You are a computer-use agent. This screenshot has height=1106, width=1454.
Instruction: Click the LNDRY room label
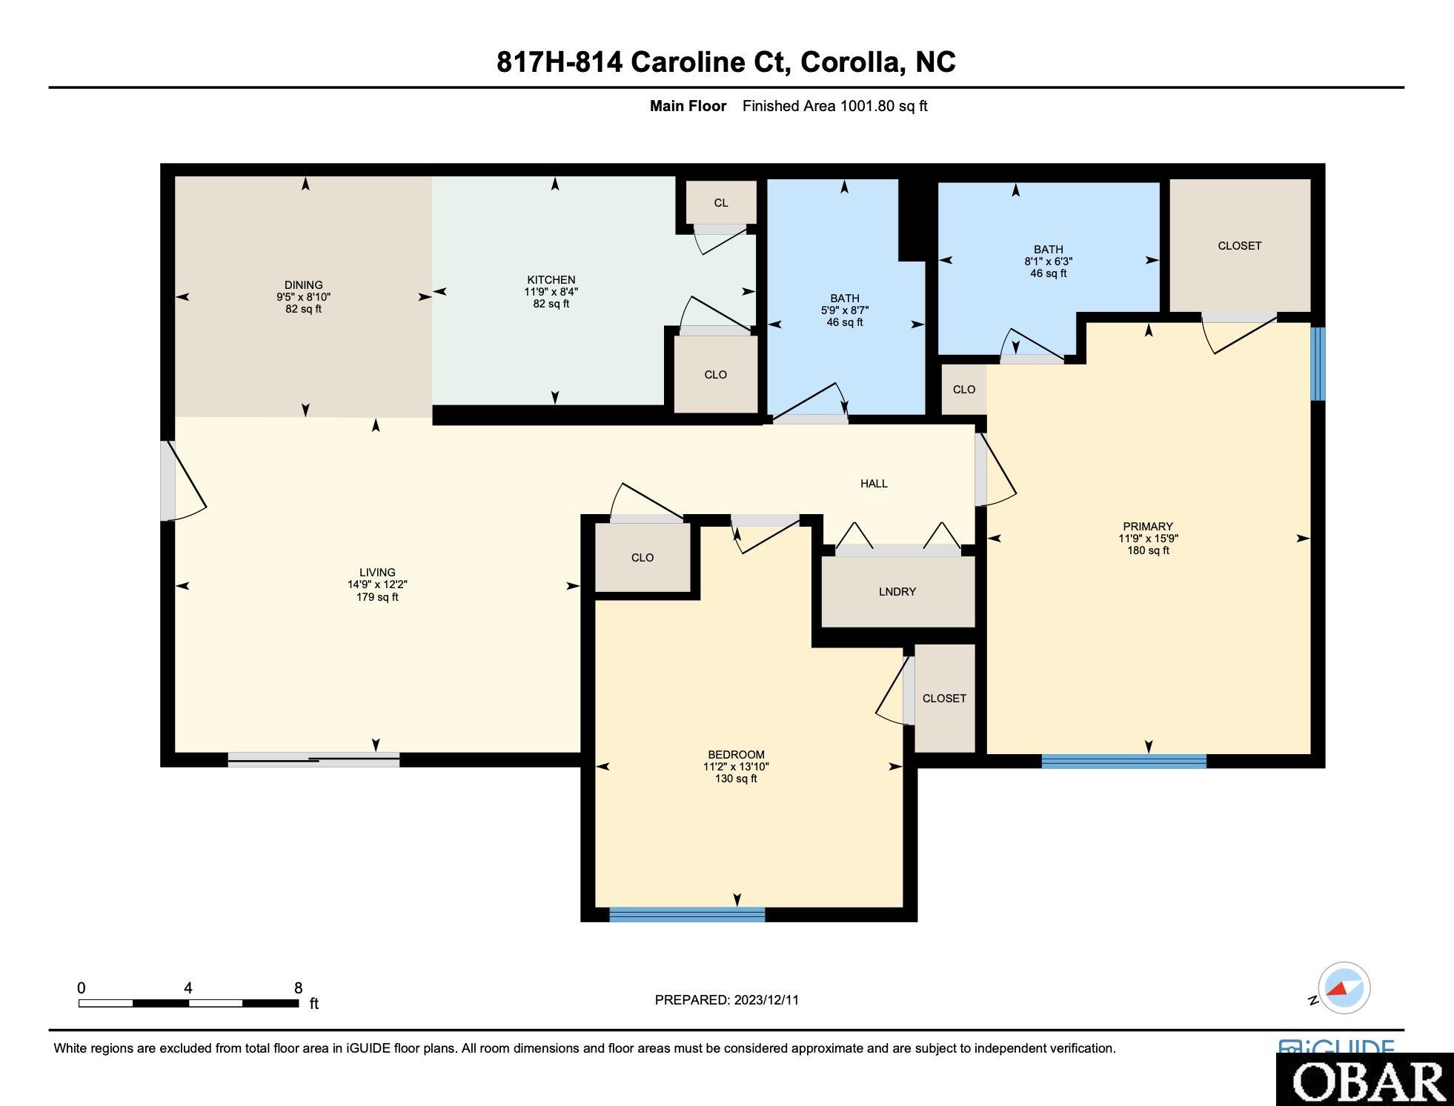point(897,591)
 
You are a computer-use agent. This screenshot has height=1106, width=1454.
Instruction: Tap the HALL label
point(874,484)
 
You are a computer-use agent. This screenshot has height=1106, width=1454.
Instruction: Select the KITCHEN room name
point(551,279)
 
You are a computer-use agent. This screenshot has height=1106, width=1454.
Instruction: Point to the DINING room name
point(303,284)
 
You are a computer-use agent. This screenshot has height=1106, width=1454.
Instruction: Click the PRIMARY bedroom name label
point(1148,527)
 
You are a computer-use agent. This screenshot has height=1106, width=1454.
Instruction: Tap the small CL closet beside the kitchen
point(720,202)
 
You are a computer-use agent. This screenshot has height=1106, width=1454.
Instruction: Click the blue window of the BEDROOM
point(687,914)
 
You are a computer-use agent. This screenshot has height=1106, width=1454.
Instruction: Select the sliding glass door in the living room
point(313,759)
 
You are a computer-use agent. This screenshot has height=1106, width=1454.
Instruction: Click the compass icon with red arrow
point(1344,987)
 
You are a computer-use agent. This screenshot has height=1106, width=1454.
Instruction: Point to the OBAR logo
point(1364,1080)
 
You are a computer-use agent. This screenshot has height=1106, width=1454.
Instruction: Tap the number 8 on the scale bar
point(298,987)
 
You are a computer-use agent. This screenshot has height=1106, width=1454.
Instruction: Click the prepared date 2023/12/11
point(766,999)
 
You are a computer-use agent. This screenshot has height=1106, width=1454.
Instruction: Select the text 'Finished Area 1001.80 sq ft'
point(835,106)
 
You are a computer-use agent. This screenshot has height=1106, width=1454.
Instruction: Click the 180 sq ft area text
point(1148,550)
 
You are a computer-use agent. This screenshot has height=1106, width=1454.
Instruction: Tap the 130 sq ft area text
point(736,779)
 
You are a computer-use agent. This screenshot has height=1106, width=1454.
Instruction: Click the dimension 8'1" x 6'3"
point(1049,261)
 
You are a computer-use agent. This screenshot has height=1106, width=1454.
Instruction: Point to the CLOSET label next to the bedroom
point(944,698)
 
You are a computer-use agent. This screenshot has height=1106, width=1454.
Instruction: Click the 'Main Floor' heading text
point(688,106)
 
